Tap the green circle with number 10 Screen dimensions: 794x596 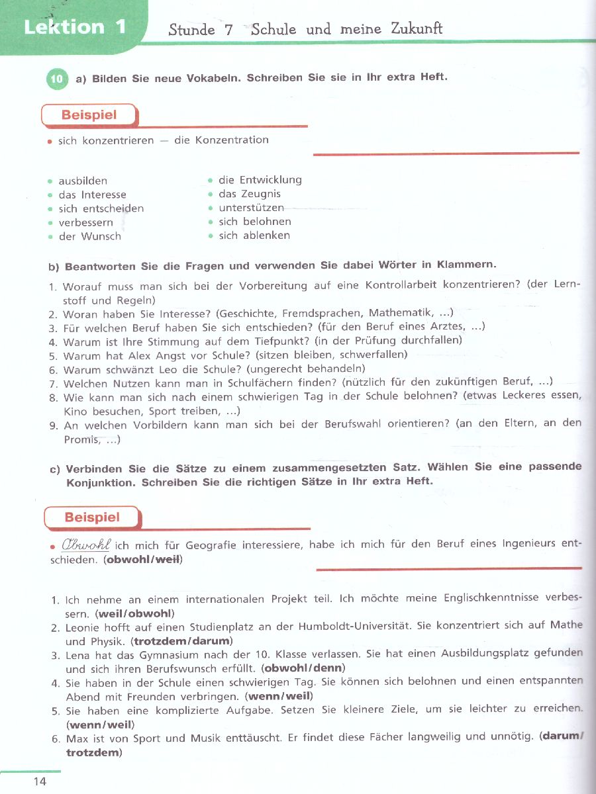[58, 79]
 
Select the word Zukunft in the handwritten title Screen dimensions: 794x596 [417, 28]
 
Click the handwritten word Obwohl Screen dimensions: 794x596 [86, 545]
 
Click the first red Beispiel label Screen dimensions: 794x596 [89, 115]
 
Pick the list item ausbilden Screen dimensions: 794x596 [83, 181]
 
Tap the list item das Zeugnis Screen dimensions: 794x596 [250, 194]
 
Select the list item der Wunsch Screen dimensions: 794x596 [90, 236]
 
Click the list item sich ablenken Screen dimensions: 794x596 [254, 236]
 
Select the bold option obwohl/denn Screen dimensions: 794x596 [302, 668]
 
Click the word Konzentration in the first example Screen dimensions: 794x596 [232, 140]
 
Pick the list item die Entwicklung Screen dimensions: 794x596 [260, 180]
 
